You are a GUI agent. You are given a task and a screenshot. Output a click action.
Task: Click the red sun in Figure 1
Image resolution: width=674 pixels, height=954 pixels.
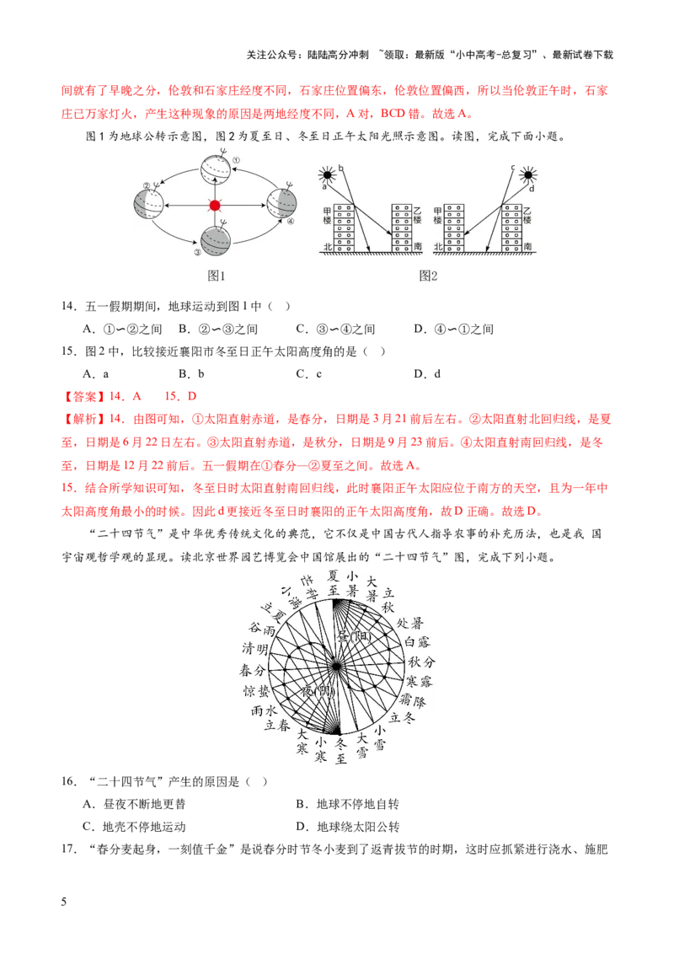(215, 205)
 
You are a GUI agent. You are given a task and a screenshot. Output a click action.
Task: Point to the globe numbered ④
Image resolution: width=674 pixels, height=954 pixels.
(281, 205)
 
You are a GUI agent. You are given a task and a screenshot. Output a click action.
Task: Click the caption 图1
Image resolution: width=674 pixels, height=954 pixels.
(217, 276)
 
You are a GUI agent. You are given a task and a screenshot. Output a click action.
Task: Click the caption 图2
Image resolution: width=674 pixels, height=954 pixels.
(429, 276)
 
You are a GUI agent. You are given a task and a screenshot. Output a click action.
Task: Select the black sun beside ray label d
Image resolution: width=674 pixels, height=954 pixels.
(528, 175)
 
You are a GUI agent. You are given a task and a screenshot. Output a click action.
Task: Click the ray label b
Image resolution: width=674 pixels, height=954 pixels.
(341, 168)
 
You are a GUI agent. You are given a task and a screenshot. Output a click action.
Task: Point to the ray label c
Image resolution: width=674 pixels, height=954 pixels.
(513, 167)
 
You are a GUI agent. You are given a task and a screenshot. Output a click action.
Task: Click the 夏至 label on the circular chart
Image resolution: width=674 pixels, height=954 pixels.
(334, 581)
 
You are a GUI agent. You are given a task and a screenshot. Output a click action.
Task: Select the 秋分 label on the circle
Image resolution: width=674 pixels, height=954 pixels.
(422, 662)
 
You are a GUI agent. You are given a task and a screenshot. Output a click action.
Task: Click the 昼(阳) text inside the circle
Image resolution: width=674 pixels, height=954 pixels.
(354, 635)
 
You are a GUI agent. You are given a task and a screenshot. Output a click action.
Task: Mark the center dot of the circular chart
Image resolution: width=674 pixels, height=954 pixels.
(337, 667)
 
